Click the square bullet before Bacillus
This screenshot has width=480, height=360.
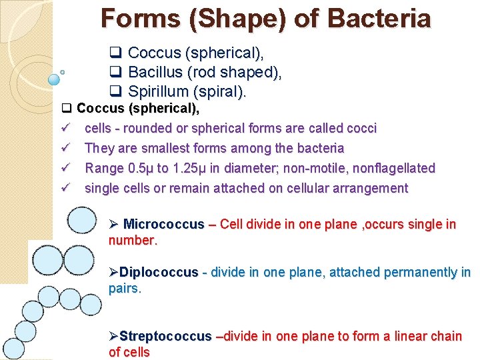115,72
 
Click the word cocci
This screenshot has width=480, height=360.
361,128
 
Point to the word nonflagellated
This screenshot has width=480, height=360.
392,168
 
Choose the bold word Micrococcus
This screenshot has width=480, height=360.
164,224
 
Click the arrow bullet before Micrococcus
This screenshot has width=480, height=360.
114,224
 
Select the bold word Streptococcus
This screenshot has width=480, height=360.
165,336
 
